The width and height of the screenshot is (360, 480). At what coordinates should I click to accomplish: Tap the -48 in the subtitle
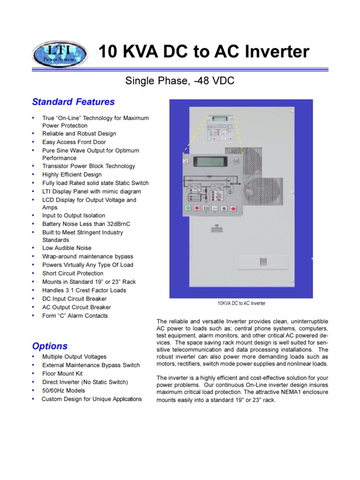pyautogui.click(x=202, y=81)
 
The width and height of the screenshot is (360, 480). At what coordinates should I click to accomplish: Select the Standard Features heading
pyautogui.click(x=73, y=102)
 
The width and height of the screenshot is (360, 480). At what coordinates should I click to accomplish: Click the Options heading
pyautogui.click(x=50, y=346)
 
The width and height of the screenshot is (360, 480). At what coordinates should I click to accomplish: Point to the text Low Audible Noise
pyautogui.click(x=67, y=248)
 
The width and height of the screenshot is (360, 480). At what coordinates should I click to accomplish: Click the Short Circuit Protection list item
pyautogui.click(x=73, y=273)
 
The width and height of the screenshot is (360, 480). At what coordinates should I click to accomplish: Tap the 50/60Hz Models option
pyautogui.click(x=64, y=390)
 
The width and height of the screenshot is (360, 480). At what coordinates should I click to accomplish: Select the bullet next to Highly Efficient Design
pyautogui.click(x=33, y=174)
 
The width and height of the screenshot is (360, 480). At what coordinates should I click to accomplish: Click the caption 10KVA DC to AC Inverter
pyautogui.click(x=241, y=303)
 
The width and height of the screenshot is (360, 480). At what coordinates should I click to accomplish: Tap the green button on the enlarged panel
pyautogui.click(x=187, y=208)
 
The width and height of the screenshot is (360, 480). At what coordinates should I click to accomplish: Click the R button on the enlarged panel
pyautogui.click(x=225, y=208)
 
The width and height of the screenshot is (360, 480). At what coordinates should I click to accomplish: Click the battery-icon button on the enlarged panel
pyautogui.click(x=206, y=208)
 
